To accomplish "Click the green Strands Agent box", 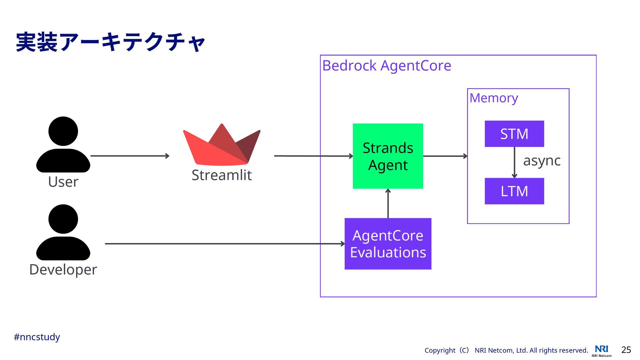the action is pyautogui.click(x=388, y=156).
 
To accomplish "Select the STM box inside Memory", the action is pyautogui.click(x=514, y=134).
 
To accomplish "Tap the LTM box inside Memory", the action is pyautogui.click(x=514, y=191).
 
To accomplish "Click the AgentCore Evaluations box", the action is pyautogui.click(x=388, y=244).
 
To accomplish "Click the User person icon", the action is pyautogui.click(x=63, y=144).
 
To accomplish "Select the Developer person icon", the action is pyautogui.click(x=63, y=232).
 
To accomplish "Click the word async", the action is pyautogui.click(x=542, y=161).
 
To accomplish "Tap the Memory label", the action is pyautogui.click(x=494, y=98).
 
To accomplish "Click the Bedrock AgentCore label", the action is pyautogui.click(x=387, y=66).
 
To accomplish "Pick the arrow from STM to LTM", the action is pyautogui.click(x=514, y=162).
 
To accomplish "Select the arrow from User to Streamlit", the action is pyautogui.click(x=130, y=156).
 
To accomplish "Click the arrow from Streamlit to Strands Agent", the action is pyautogui.click(x=313, y=156).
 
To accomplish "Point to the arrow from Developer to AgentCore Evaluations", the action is pyautogui.click(x=225, y=244).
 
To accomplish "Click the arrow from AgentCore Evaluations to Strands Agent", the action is pyautogui.click(x=388, y=203).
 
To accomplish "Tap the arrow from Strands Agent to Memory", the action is pyautogui.click(x=445, y=156).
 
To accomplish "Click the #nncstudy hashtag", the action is pyautogui.click(x=37, y=337).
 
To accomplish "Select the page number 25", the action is pyautogui.click(x=626, y=350).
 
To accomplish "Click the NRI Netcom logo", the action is pyautogui.click(x=602, y=351).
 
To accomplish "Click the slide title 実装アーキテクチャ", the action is pyautogui.click(x=110, y=42).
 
